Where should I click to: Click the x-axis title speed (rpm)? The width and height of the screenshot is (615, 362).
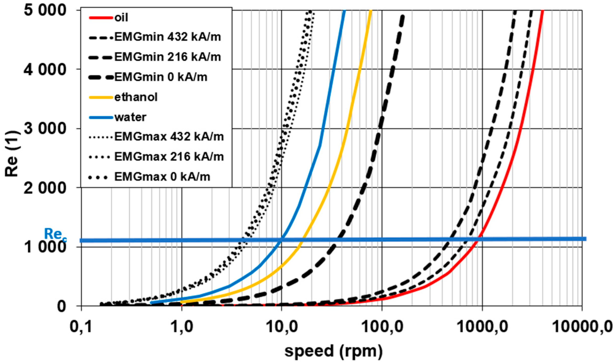[x=334, y=351]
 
